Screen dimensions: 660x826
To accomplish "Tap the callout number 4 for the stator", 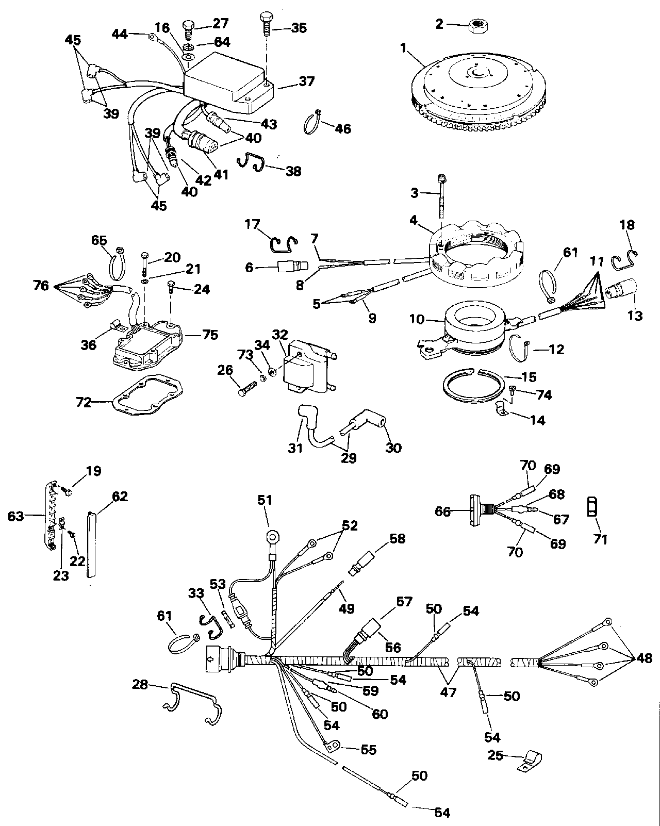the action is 413,220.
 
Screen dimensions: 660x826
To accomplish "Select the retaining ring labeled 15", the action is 473,386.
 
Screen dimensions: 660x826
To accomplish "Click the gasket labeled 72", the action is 147,396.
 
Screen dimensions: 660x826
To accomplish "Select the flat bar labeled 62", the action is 91,543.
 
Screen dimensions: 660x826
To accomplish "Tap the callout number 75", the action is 210,335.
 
